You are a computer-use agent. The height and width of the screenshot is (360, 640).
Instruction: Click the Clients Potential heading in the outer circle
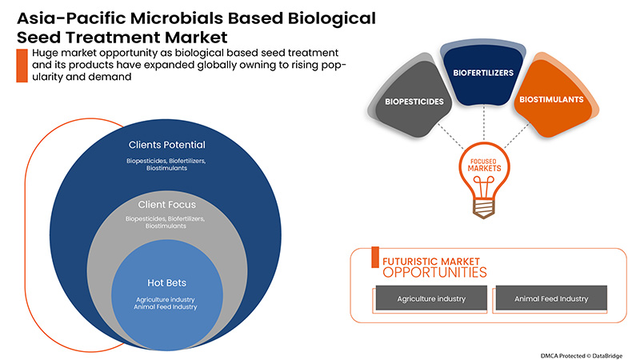point(166,146)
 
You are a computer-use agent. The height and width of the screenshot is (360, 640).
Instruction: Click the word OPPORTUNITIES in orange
point(434,272)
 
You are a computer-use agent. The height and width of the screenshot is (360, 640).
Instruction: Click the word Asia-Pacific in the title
point(61,18)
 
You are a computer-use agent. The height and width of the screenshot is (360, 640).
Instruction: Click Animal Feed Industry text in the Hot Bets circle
point(166,306)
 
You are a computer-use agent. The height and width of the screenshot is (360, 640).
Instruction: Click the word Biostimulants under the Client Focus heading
point(166,226)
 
